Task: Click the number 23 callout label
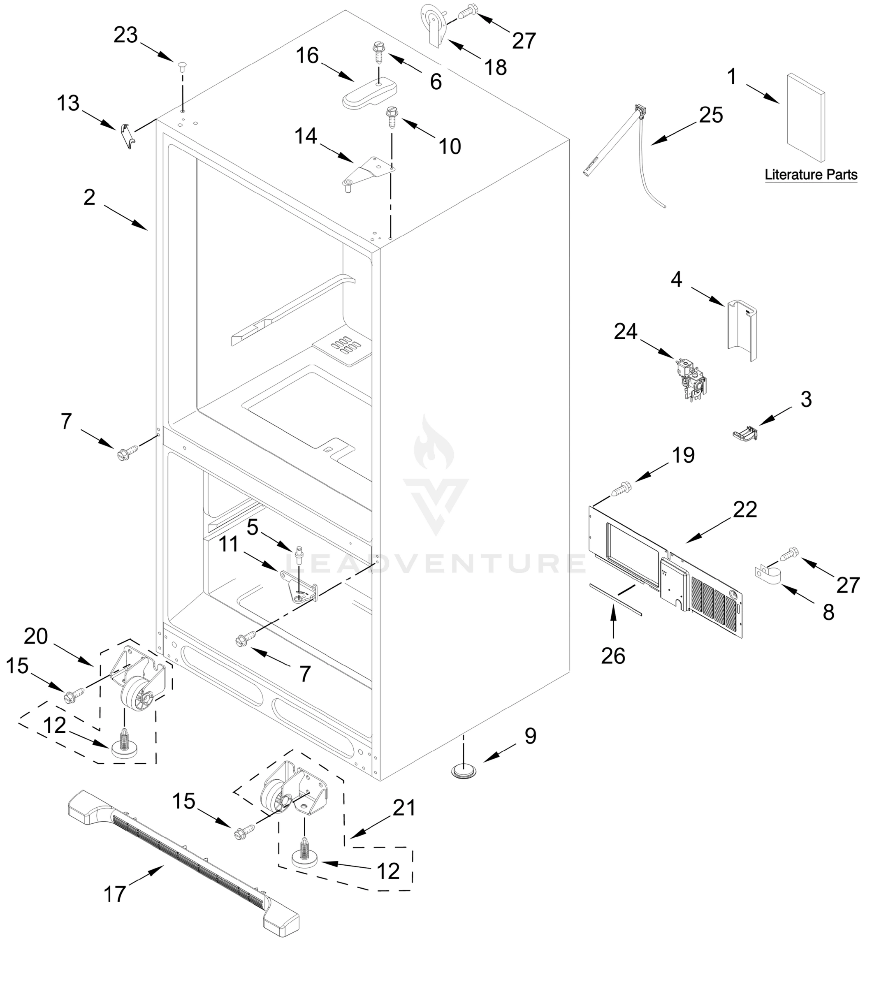coord(125,35)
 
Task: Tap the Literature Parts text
coord(811,174)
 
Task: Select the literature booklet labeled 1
coord(805,117)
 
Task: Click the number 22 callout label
coord(744,510)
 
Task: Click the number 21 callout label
coord(404,807)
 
